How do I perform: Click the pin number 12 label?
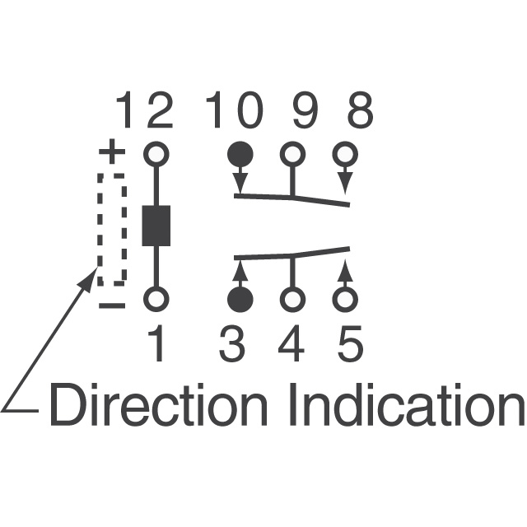click(x=144, y=111)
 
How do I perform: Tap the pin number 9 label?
click(x=305, y=111)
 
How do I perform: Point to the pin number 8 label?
click(x=359, y=111)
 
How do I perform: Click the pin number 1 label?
click(x=156, y=346)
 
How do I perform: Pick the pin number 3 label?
click(x=233, y=346)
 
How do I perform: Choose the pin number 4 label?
click(x=291, y=346)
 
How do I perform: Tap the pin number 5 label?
click(x=349, y=346)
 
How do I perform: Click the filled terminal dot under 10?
click(x=240, y=153)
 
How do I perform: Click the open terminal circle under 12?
click(x=156, y=153)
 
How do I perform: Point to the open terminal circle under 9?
click(x=291, y=153)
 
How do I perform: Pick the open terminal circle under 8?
click(x=346, y=153)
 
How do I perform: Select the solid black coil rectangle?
click(x=156, y=225)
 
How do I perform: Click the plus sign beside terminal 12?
click(x=111, y=152)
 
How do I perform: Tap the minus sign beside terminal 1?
click(x=111, y=306)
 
